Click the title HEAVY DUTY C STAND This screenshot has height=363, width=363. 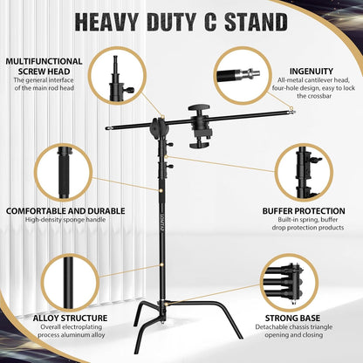[x=181, y=21]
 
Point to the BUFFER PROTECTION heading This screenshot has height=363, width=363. [x=302, y=210]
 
